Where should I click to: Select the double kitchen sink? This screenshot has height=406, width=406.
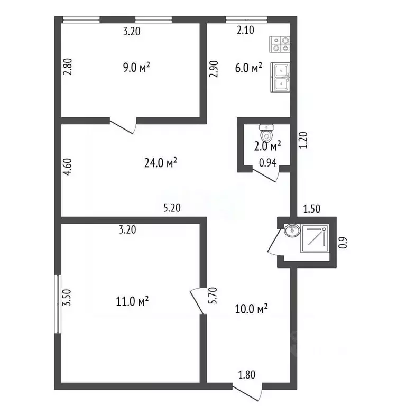click(x=280, y=77)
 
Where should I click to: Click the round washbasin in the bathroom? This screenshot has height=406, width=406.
click(x=291, y=231)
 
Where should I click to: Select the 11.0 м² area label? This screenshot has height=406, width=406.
click(x=132, y=302)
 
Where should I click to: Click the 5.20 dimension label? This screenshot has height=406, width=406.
click(x=172, y=208)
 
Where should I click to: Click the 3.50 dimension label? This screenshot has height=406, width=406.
click(x=67, y=302)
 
